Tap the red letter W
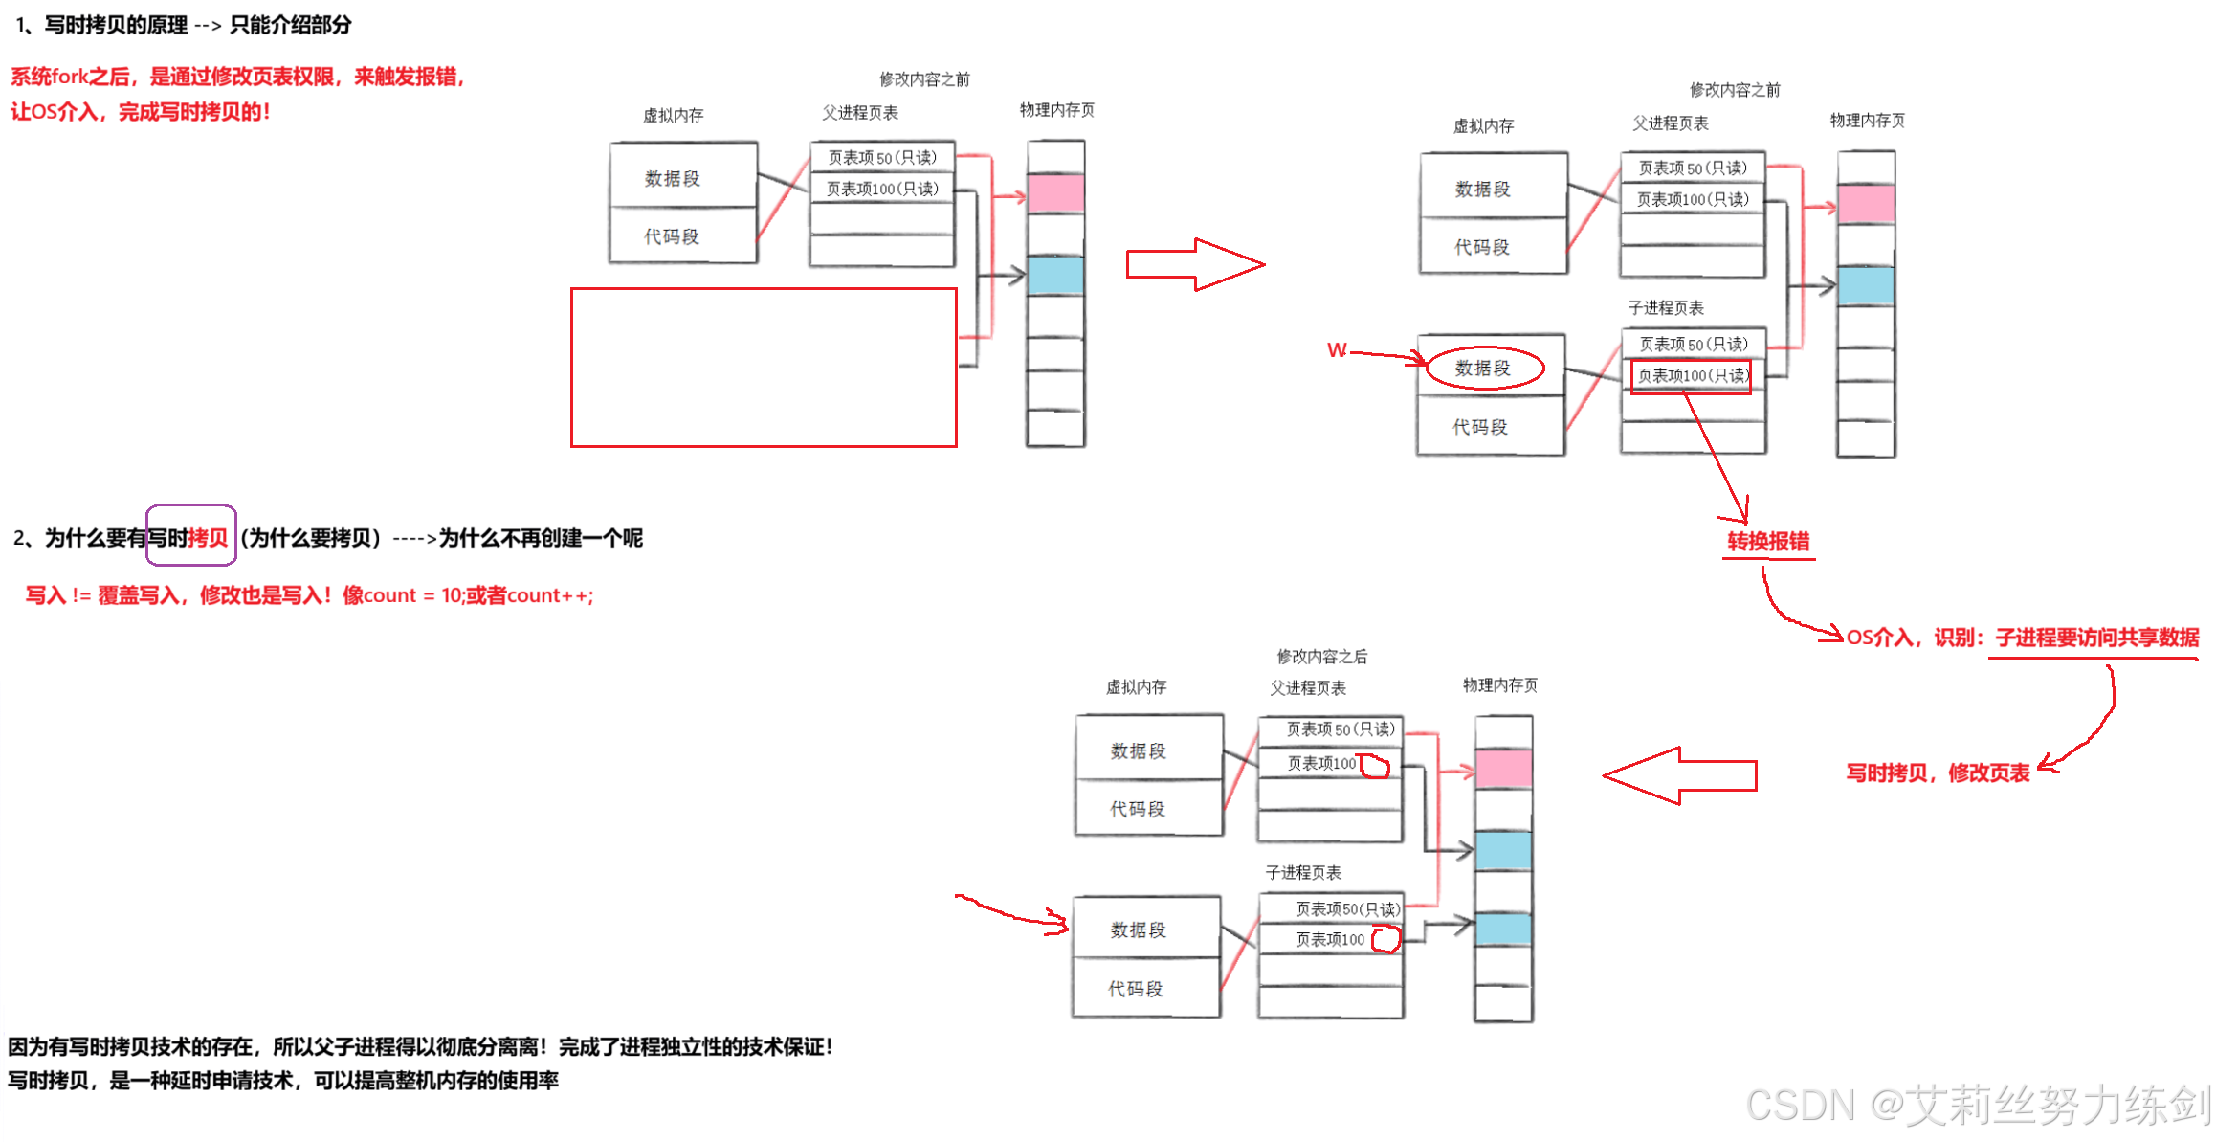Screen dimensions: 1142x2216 (x=1337, y=350)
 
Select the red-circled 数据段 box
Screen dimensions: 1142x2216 (x=1483, y=369)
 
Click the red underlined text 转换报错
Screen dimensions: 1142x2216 (x=1768, y=542)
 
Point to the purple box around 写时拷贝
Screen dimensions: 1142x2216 (x=191, y=535)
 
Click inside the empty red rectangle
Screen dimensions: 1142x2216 (x=764, y=368)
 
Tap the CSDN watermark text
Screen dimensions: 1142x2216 (x=1977, y=1105)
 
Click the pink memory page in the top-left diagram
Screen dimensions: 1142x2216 (x=1055, y=193)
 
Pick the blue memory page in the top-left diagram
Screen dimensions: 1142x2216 (x=1055, y=276)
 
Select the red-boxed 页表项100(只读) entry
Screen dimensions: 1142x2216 (x=1691, y=375)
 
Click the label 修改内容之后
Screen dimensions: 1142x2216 (x=1321, y=657)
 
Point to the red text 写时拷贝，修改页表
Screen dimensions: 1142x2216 (x=1937, y=773)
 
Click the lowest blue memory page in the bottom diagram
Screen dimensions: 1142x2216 (x=1503, y=929)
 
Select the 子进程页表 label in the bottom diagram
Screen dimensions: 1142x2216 (x=1303, y=872)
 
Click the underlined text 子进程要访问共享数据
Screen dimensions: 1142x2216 (x=2094, y=638)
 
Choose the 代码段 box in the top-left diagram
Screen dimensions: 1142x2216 (x=672, y=236)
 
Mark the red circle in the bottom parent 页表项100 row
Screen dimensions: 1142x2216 (x=1375, y=765)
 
